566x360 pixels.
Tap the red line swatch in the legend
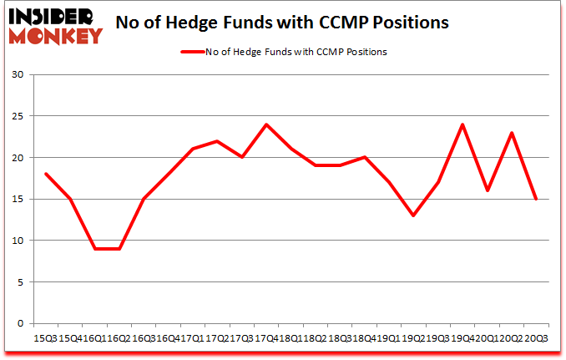(x=193, y=52)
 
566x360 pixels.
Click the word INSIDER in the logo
(x=52, y=17)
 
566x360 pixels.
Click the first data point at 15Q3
(x=46, y=174)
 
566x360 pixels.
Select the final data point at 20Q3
(x=536, y=199)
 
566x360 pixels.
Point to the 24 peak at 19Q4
(x=462, y=124)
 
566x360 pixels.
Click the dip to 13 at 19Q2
(x=413, y=215)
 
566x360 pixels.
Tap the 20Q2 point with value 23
(x=511, y=133)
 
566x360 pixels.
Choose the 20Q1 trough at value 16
(x=487, y=190)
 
